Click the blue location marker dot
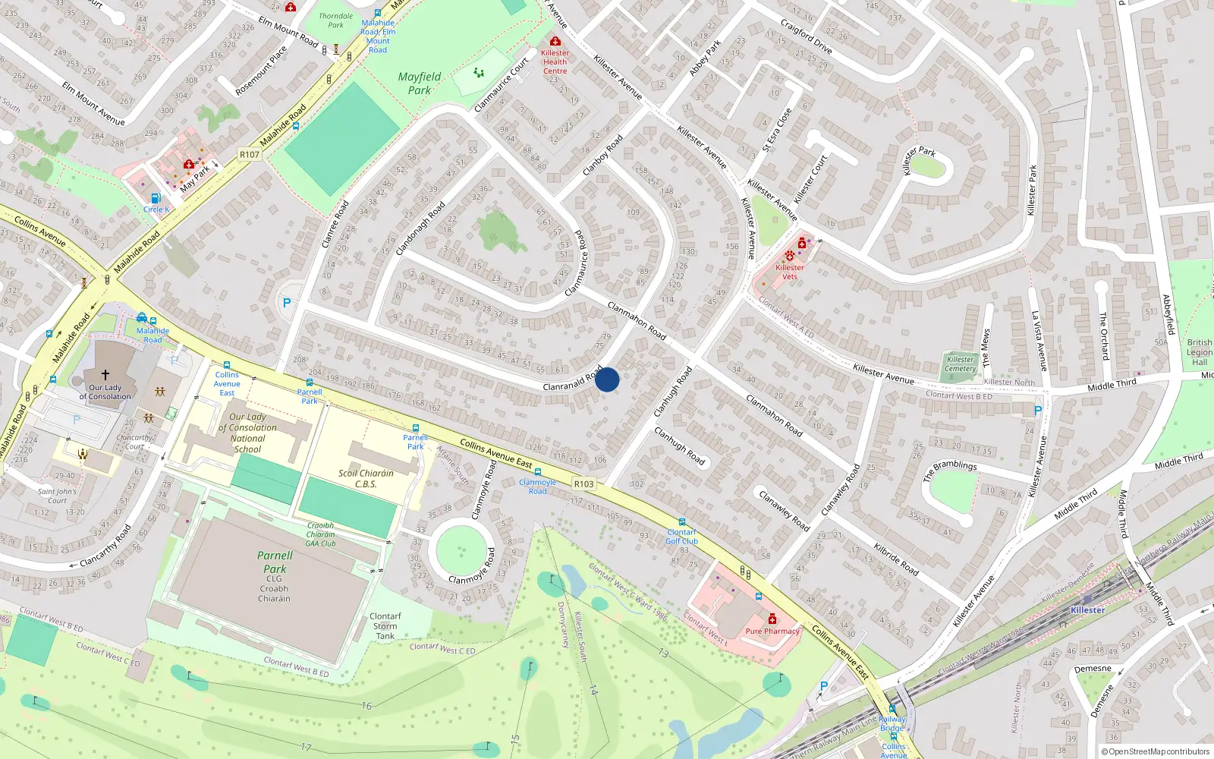(607, 379)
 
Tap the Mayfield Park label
(420, 83)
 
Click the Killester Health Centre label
(555, 62)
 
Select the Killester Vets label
(790, 272)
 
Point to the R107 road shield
(249, 154)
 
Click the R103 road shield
(583, 483)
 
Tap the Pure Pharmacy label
(772, 631)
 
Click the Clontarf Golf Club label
(681, 537)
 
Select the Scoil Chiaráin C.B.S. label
(366, 478)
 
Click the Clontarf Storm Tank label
(385, 626)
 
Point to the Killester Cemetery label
(961, 364)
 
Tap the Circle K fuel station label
(156, 209)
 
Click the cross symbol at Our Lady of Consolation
(105, 375)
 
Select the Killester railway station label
(1087, 610)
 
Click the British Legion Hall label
(1199, 352)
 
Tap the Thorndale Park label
(335, 20)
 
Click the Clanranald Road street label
(572, 382)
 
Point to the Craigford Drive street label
(807, 36)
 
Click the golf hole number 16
(366, 706)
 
